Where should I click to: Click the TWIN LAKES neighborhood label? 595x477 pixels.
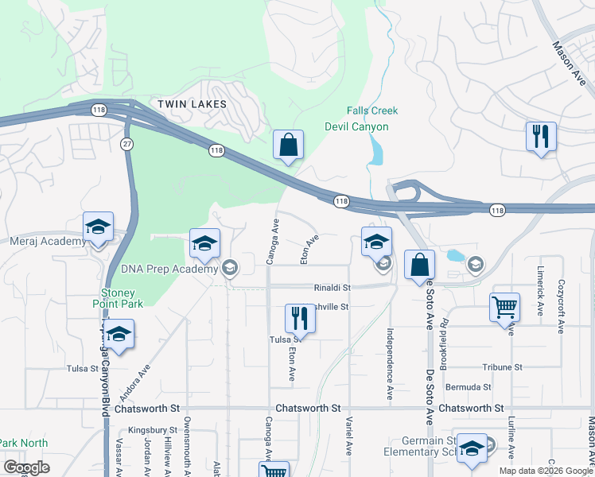point(192,104)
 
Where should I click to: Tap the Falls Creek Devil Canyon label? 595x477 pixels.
point(356,118)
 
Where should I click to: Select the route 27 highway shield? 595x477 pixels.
point(126,143)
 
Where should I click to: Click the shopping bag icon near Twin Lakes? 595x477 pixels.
point(288,145)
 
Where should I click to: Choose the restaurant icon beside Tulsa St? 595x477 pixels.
point(300,318)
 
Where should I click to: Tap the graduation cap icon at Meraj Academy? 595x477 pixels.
point(99,227)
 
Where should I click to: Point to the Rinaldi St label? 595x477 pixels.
point(332,287)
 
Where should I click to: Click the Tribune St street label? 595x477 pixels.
point(502,367)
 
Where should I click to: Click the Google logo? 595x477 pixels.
point(27,467)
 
